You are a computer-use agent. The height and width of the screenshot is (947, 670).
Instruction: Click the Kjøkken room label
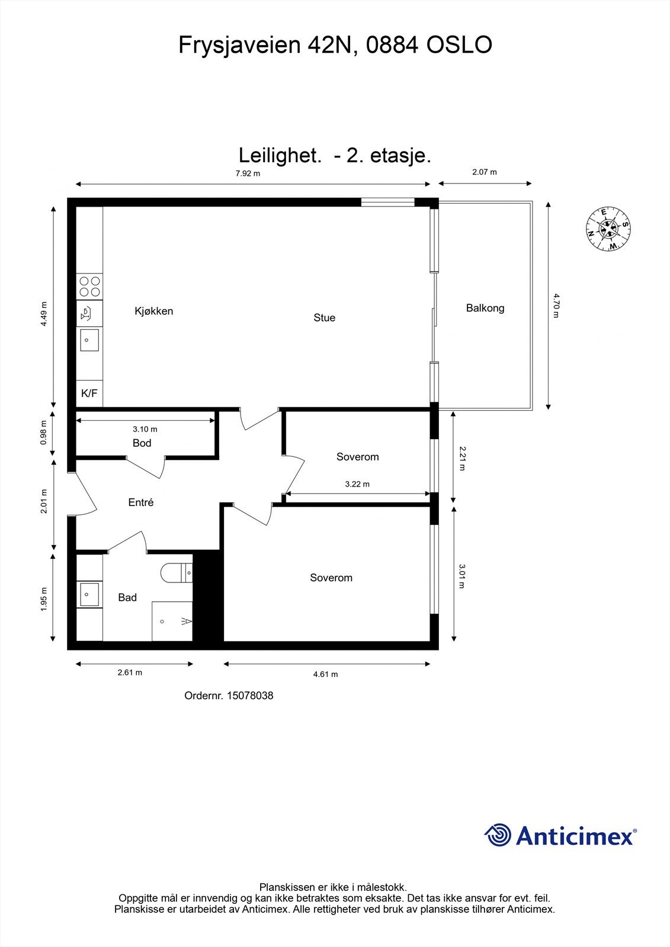[x=153, y=311]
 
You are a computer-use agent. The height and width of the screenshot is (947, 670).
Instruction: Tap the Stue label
[x=324, y=318]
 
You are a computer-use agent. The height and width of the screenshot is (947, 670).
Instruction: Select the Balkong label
[x=485, y=308]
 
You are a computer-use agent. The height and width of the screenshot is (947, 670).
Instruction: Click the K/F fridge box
[x=89, y=393]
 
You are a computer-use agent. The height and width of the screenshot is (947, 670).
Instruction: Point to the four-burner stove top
[x=89, y=287]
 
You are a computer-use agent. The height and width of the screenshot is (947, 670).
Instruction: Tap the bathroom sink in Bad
[x=89, y=594]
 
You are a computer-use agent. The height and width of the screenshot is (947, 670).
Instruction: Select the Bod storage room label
[x=142, y=443]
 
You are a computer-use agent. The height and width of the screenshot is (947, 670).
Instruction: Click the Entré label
[x=141, y=503]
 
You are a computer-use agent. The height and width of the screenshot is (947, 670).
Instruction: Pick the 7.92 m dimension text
[x=248, y=173]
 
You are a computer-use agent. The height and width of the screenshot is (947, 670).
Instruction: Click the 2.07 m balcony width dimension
[x=484, y=172]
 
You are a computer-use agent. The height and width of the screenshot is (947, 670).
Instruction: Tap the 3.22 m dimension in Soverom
[x=357, y=484]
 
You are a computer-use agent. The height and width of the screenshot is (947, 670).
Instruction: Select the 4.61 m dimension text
[x=325, y=674]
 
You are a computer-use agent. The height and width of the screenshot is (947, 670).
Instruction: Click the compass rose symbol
[x=608, y=228]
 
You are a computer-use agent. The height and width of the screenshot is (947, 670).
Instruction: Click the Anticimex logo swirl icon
[x=498, y=835]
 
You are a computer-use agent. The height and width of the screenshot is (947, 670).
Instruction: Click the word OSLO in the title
[x=460, y=45]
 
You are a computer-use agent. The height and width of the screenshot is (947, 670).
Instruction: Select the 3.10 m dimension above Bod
[x=145, y=429]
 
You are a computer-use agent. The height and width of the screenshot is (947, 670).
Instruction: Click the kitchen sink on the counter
[x=89, y=340]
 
